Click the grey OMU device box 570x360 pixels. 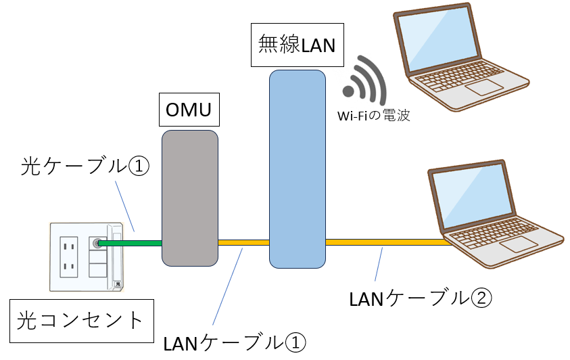[190, 198]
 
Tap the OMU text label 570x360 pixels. [190, 110]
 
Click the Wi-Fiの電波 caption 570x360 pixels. [374, 116]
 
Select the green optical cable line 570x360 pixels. [133, 242]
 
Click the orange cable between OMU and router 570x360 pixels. [243, 242]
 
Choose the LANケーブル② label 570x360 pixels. [417, 298]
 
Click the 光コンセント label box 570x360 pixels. [80, 320]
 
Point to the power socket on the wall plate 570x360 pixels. [68, 256]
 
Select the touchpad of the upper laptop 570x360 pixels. [483, 87]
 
